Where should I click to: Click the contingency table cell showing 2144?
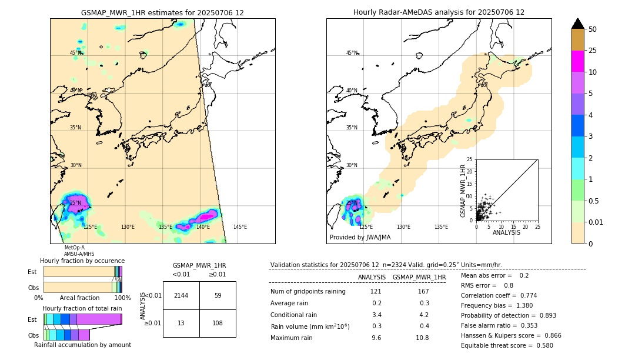(181, 295)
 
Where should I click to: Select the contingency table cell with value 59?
(218, 295)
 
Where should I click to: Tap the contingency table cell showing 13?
(181, 323)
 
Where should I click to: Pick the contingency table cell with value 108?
(218, 323)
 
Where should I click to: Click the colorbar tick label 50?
(593, 29)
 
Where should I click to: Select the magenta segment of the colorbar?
(578, 61)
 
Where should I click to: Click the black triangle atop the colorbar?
(578, 23)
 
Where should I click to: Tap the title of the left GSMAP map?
(162, 12)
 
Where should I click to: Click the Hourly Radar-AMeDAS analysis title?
(439, 12)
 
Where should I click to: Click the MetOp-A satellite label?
(75, 248)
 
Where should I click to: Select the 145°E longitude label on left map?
(240, 227)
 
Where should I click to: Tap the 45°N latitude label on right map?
(352, 53)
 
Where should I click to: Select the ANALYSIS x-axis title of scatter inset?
(506, 233)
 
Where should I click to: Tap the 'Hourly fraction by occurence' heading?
(82, 261)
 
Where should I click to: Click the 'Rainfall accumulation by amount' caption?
(82, 345)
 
